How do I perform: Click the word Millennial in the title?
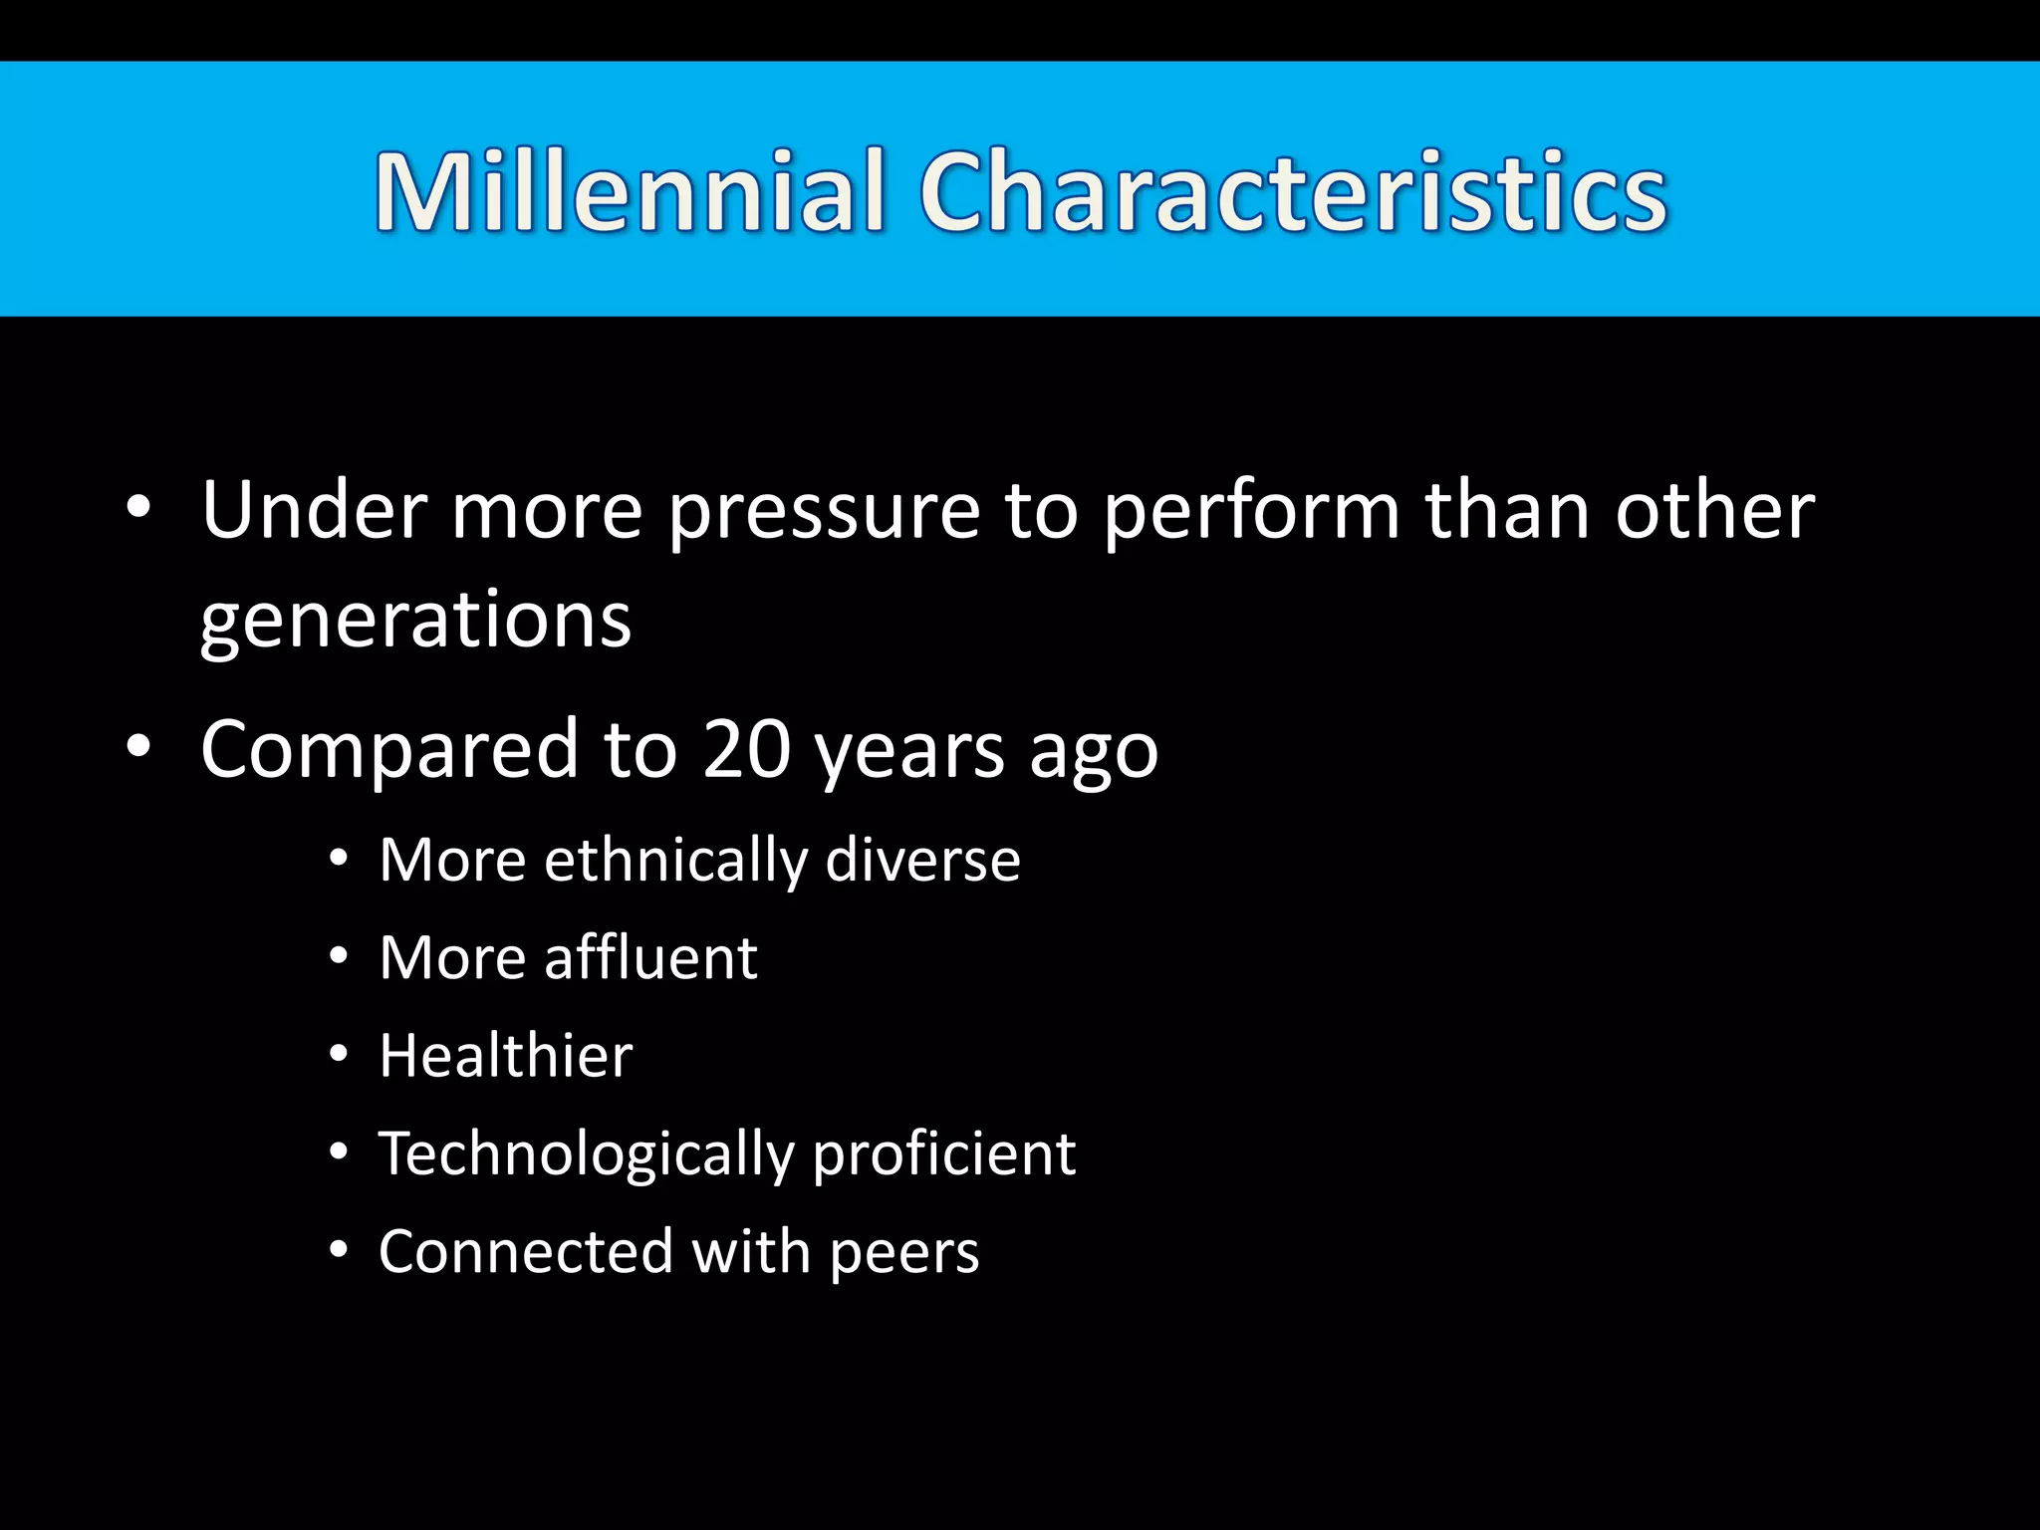coord(630,191)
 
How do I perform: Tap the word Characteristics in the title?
coord(1292,191)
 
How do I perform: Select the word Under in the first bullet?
coord(314,510)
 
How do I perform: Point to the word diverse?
coord(923,860)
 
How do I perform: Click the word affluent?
coord(650,957)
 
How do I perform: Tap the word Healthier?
coord(506,1055)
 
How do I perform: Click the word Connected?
coord(526,1251)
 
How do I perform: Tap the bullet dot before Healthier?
coord(339,1054)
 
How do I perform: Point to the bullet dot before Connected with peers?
coord(339,1250)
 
